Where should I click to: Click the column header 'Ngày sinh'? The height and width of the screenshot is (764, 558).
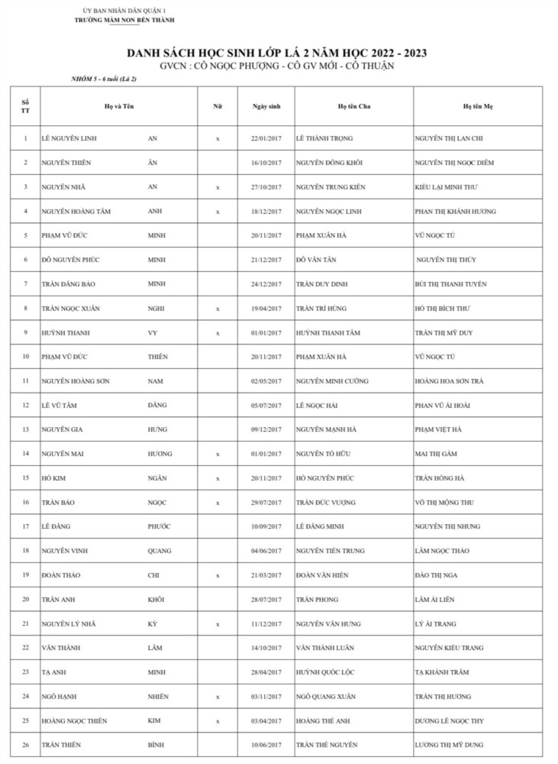[x=266, y=106]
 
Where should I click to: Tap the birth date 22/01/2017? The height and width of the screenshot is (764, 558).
[x=266, y=138]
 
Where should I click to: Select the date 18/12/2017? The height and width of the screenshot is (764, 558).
[x=266, y=212]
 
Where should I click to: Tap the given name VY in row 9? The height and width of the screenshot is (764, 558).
[x=152, y=333]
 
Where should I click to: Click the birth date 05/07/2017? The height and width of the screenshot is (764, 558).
[x=266, y=406]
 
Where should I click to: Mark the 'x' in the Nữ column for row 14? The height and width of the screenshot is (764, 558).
[x=218, y=454]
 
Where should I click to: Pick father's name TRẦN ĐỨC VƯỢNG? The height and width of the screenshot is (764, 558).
[x=325, y=503]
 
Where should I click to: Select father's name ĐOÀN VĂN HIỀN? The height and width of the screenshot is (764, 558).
[x=323, y=575]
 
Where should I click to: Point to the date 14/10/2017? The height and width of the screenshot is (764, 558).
[x=266, y=648]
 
